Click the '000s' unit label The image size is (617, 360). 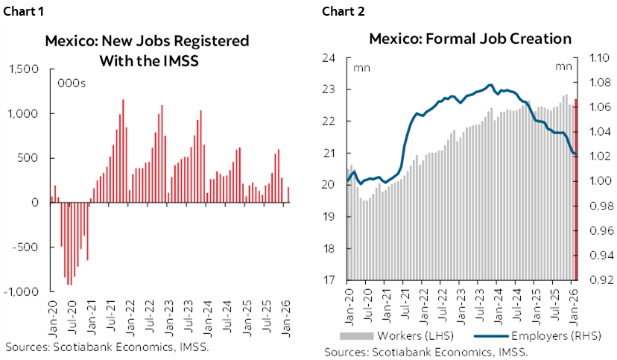pyautogui.click(x=72, y=83)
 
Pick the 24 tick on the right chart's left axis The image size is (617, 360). pyautogui.click(x=329, y=57)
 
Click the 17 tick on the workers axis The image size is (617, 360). pyautogui.click(x=329, y=280)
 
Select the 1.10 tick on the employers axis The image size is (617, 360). pyautogui.click(x=600, y=57)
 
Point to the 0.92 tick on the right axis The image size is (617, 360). pyautogui.click(x=600, y=280)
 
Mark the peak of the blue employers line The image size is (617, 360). pyautogui.click(x=490, y=85)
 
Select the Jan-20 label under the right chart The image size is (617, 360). pyautogui.click(x=347, y=306)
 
